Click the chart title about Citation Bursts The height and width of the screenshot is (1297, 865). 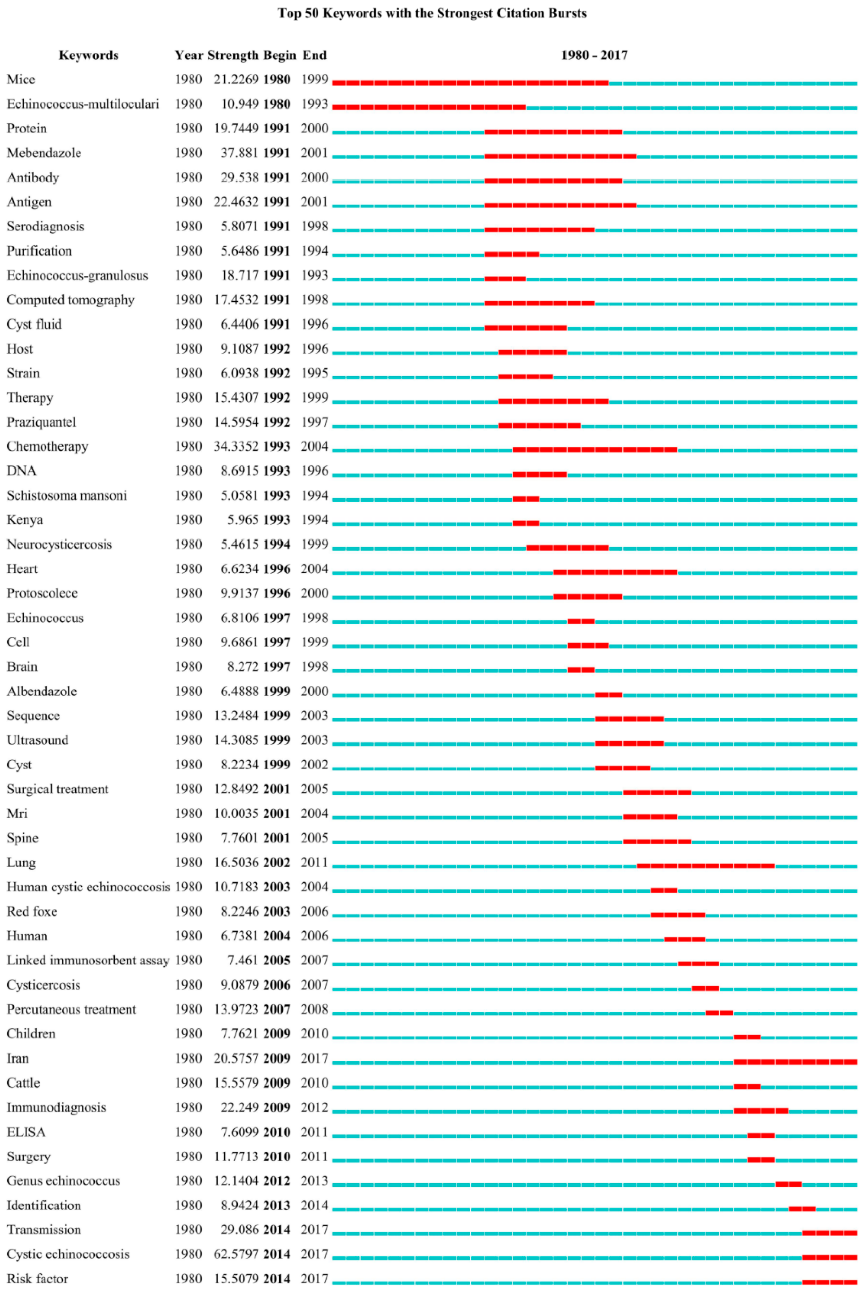432,13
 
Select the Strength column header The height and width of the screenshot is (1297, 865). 233,55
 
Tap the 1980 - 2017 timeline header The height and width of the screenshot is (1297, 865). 594,55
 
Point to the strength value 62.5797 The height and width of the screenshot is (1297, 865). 236,1254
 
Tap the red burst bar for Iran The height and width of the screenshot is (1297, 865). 795,1062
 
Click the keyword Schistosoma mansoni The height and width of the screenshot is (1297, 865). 67,496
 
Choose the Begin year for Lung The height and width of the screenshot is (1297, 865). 276,862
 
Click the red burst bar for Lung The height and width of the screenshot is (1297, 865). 705,866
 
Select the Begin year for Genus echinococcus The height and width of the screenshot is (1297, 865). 276,1181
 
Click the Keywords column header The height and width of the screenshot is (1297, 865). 88,55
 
